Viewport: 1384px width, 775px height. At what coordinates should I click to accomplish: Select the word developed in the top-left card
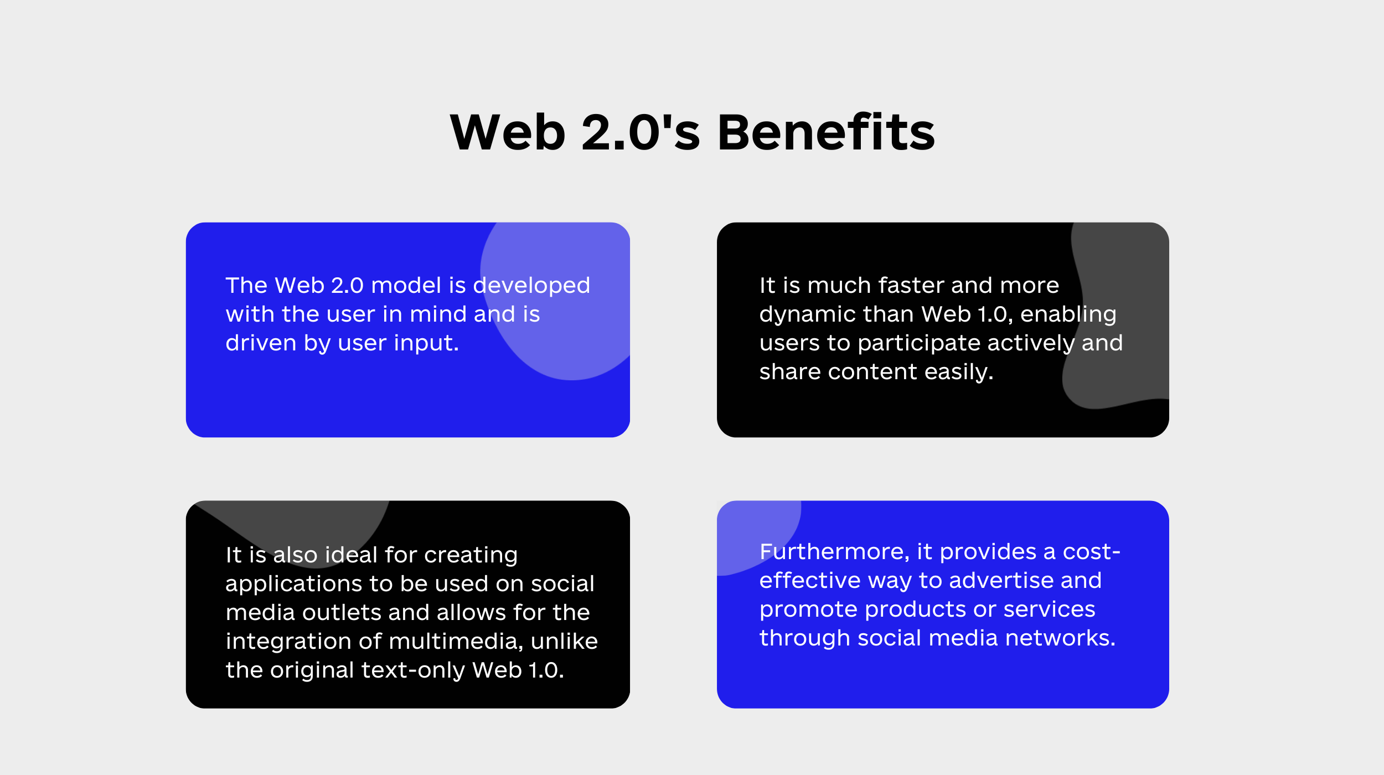click(x=531, y=286)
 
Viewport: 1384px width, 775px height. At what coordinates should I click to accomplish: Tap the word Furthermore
click(x=835, y=552)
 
